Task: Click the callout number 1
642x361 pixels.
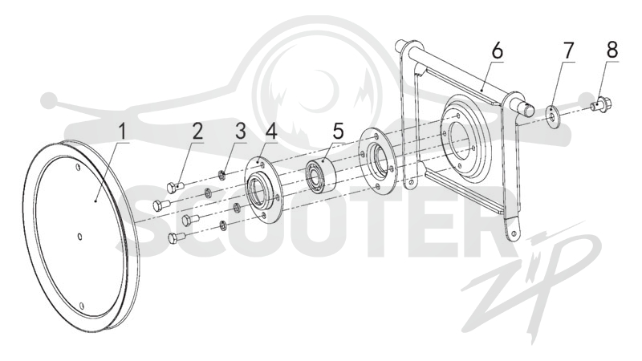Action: [x=121, y=132]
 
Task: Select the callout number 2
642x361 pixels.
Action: [x=197, y=132]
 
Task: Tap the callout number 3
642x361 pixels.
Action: [x=241, y=132]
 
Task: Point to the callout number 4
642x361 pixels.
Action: [x=272, y=132]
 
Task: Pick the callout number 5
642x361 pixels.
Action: [x=338, y=132]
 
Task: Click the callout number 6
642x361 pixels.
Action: [x=497, y=51]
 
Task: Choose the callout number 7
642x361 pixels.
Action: [x=568, y=51]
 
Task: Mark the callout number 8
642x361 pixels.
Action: [x=612, y=51]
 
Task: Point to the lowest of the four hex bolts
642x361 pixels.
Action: [x=177, y=237]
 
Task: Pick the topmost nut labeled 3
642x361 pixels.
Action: [x=220, y=175]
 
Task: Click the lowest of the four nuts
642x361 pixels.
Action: [x=223, y=225]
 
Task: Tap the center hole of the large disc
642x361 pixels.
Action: [x=79, y=237]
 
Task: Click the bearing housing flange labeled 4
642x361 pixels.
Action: [x=262, y=189]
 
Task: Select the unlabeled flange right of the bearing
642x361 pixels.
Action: [x=377, y=161]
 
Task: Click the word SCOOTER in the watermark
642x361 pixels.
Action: [x=312, y=222]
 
